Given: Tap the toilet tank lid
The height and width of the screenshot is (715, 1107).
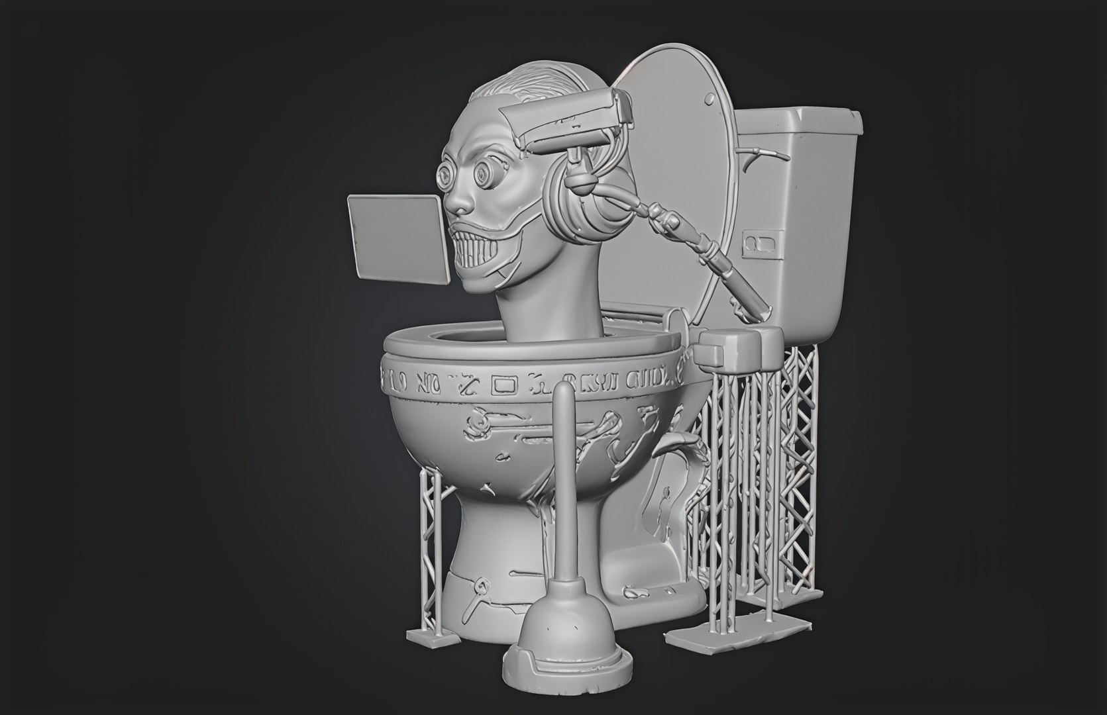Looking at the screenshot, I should pos(798,122).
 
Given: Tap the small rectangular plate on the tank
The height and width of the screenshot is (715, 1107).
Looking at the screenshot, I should pos(756,243).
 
